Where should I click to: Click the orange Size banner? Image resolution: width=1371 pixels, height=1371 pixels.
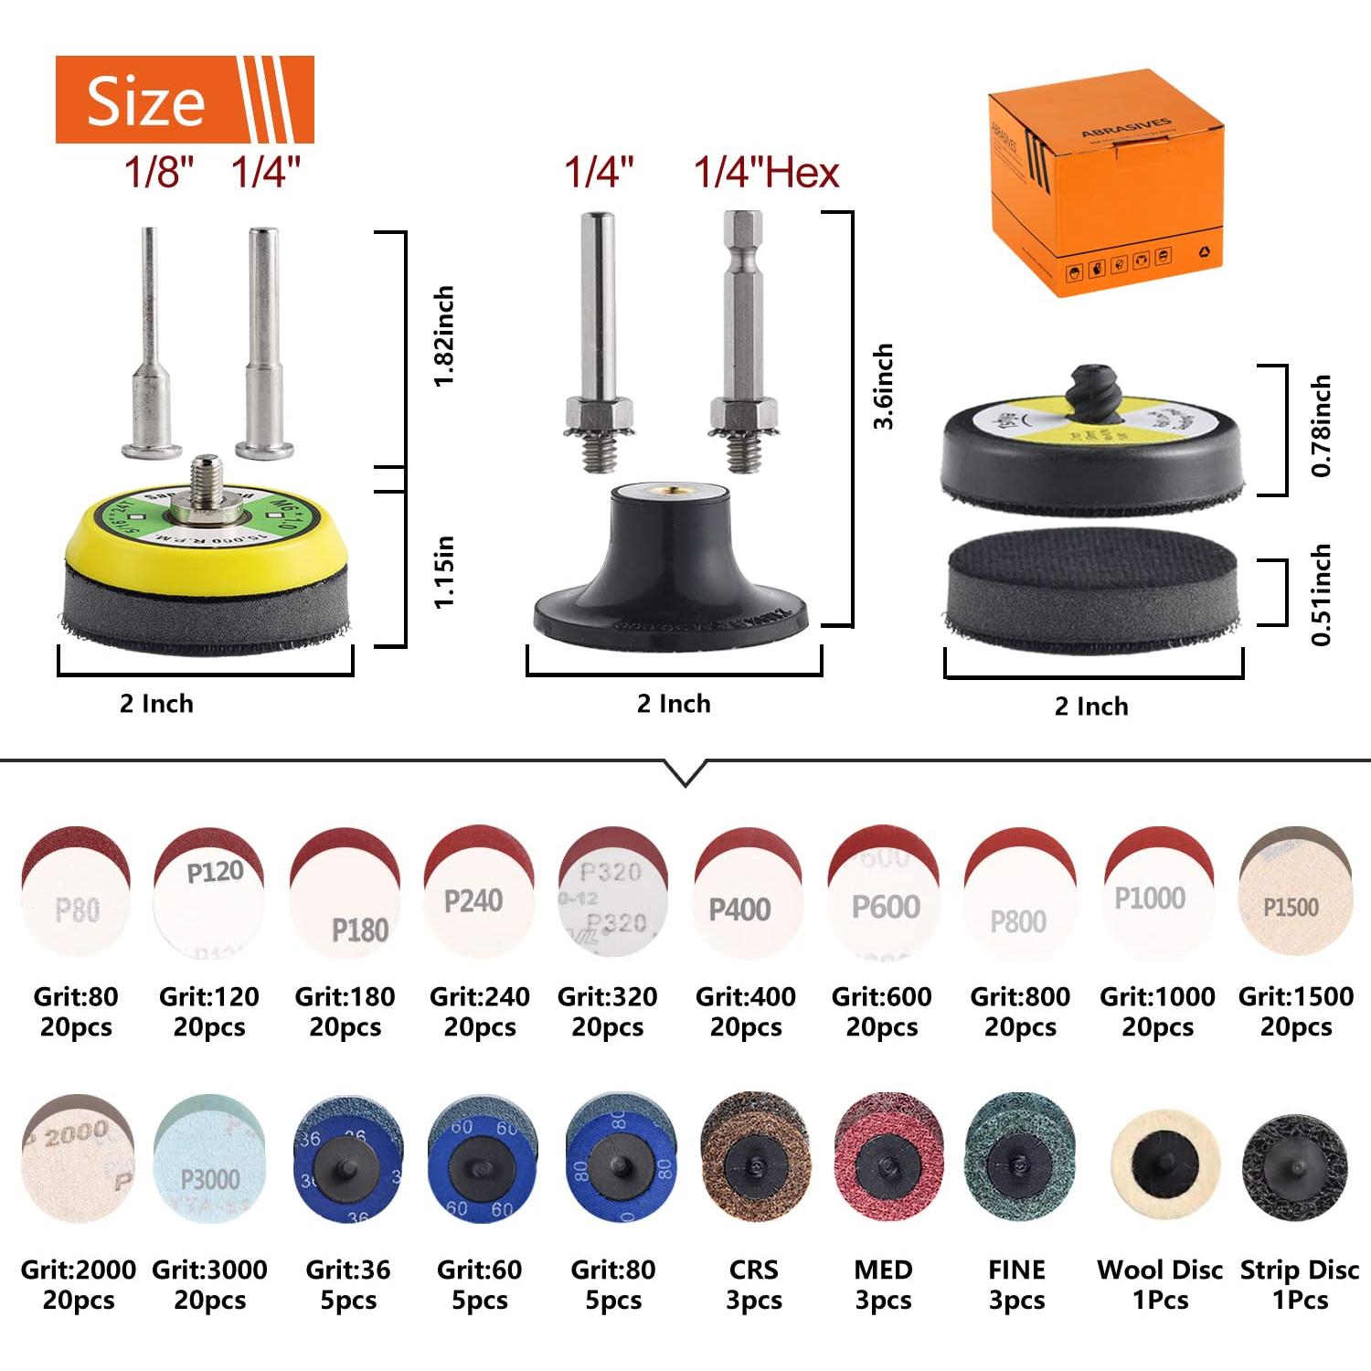[x=184, y=100]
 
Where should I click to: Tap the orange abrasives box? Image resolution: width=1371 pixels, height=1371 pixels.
[x=1106, y=183]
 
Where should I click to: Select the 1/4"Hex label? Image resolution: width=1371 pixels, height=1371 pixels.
[x=766, y=173]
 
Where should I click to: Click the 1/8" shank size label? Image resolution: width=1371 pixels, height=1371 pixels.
[x=159, y=172]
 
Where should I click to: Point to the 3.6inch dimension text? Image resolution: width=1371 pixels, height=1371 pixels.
[x=883, y=387]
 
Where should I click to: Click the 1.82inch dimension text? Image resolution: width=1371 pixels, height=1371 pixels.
[x=444, y=336]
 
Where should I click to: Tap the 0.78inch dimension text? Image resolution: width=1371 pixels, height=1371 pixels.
[x=1321, y=426]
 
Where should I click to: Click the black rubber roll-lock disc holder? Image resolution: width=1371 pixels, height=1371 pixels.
[x=671, y=567]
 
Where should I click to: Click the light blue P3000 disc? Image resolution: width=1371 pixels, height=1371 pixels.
[x=209, y=1159]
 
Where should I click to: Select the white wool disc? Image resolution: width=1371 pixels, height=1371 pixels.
[x=1164, y=1164]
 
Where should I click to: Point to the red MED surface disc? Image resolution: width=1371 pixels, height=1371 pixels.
[x=887, y=1161]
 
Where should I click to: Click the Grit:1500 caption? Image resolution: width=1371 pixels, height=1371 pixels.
[x=1295, y=996]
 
